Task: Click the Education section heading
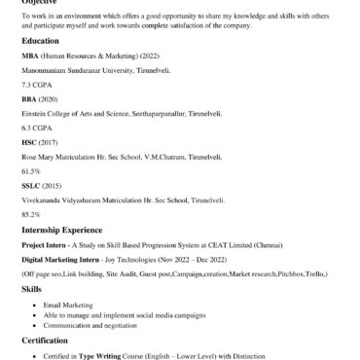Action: (x=41, y=42)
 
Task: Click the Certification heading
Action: (x=47, y=342)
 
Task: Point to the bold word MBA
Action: (x=29, y=56)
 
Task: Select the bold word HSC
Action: (x=29, y=142)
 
